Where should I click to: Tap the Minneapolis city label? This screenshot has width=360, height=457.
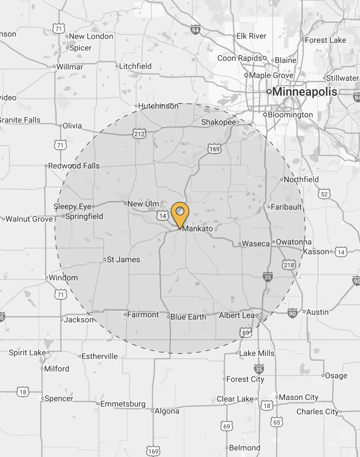pyautogui.click(x=305, y=92)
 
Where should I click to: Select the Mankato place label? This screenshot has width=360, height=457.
pyautogui.click(x=197, y=228)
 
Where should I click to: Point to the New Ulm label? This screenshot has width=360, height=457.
pyautogui.click(x=143, y=204)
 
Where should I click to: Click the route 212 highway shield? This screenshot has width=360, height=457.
pyautogui.click(x=139, y=134)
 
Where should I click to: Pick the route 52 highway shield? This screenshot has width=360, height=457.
pyautogui.click(x=325, y=194)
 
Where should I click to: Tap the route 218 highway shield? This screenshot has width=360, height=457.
pyautogui.click(x=289, y=264)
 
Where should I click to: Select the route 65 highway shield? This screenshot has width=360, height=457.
pyautogui.click(x=277, y=422)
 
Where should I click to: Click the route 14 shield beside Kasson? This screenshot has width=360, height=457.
pyautogui.click(x=341, y=252)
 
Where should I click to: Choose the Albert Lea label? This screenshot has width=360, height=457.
pyautogui.click(x=237, y=315)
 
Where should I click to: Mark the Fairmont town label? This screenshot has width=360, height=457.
pyautogui.click(x=143, y=315)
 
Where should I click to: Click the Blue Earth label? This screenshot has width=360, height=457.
pyautogui.click(x=188, y=317)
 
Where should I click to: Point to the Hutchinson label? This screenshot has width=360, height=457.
pyautogui.click(x=158, y=106)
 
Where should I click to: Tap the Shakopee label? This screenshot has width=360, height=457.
pyautogui.click(x=218, y=122)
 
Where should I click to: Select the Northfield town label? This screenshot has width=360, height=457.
pyautogui.click(x=301, y=179)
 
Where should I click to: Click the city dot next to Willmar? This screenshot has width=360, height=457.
pyautogui.click(x=54, y=67)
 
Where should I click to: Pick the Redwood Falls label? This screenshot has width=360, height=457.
pyautogui.click(x=74, y=166)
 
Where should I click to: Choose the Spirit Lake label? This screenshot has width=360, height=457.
pyautogui.click(x=27, y=352)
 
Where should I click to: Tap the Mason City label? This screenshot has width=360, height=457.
pyautogui.click(x=299, y=397)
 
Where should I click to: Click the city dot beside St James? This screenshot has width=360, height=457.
pyautogui.click(x=105, y=259)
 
